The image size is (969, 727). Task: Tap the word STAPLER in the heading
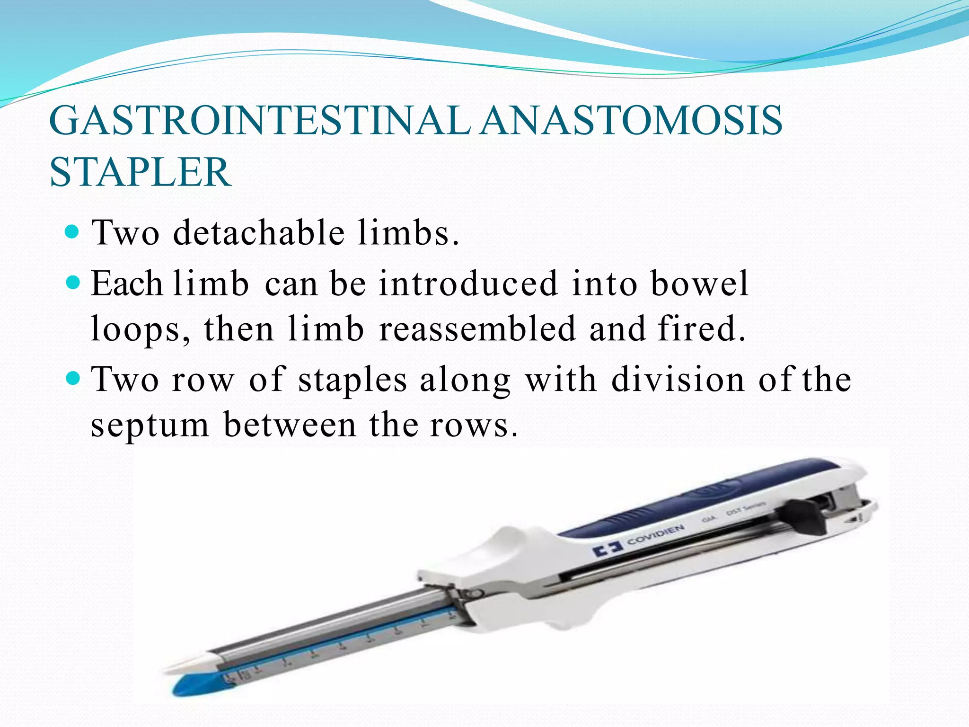[x=141, y=172]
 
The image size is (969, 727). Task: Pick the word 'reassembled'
[x=477, y=328]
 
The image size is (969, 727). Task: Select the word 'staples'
[x=352, y=380]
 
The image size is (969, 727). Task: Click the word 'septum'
[x=150, y=425]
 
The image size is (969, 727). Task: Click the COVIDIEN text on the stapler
[x=655, y=535]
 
